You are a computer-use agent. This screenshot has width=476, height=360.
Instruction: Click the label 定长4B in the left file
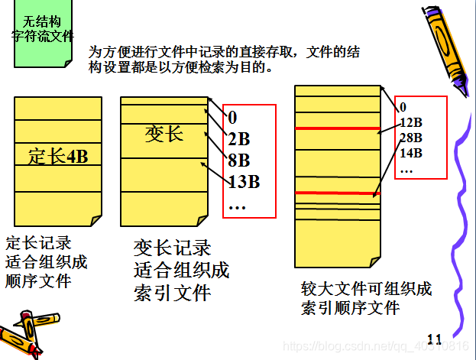coord(58,157)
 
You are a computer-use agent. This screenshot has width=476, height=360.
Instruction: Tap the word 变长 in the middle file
coord(164,135)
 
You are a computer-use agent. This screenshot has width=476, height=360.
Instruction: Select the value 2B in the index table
coord(238,139)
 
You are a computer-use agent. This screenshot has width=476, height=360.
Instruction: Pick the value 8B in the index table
coord(238,161)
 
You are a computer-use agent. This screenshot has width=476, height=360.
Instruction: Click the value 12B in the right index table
coord(411,123)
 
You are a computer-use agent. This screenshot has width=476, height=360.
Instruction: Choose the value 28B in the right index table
coord(411,138)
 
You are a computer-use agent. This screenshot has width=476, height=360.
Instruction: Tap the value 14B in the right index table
coord(411,152)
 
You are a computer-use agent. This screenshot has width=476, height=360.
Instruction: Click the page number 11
coord(435,339)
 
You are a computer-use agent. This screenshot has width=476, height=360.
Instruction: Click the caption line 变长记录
coord(172,248)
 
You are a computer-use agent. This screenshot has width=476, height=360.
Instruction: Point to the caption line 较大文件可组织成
coord(367,290)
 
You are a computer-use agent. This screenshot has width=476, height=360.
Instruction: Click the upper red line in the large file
coord(337,128)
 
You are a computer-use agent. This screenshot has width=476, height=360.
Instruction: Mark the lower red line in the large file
coord(337,193)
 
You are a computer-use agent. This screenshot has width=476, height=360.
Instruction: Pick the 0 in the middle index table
coord(233,118)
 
